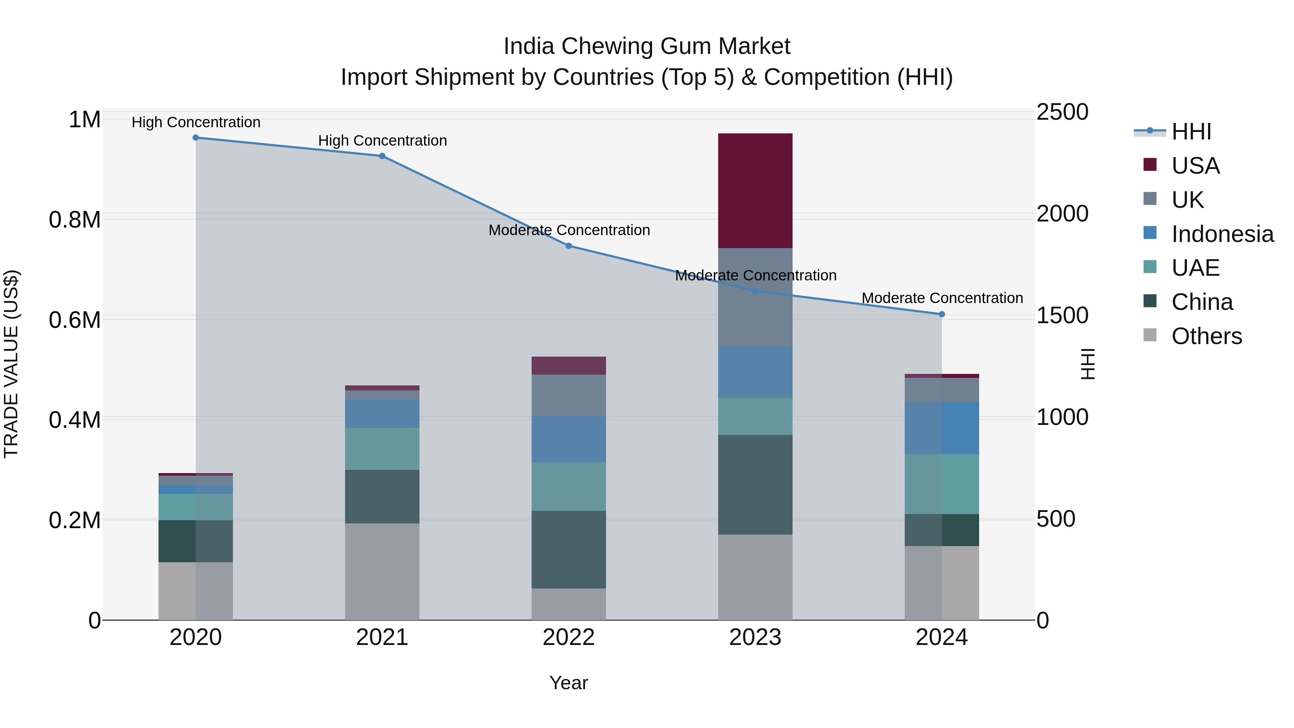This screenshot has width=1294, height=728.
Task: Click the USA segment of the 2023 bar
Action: [755, 191]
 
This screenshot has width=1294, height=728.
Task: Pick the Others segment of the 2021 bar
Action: [382, 571]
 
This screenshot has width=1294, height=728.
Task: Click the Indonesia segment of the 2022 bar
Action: [569, 439]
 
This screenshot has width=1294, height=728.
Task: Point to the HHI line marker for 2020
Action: [196, 138]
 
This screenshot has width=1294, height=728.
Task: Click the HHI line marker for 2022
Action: [569, 246]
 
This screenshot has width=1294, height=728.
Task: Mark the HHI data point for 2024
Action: [942, 314]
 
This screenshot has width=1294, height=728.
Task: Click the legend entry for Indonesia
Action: [1222, 234]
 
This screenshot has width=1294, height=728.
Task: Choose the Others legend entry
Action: [1206, 336]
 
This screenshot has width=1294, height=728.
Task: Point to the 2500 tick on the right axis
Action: [1062, 112]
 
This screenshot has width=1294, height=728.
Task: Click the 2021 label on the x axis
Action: [382, 637]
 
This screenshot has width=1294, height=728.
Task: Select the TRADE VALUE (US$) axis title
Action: [11, 364]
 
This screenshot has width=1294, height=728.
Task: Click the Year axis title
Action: [568, 683]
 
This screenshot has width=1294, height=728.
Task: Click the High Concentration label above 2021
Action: [382, 141]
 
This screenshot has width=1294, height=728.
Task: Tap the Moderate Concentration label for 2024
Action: [942, 298]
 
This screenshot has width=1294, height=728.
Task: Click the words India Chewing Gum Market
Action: [647, 46]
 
